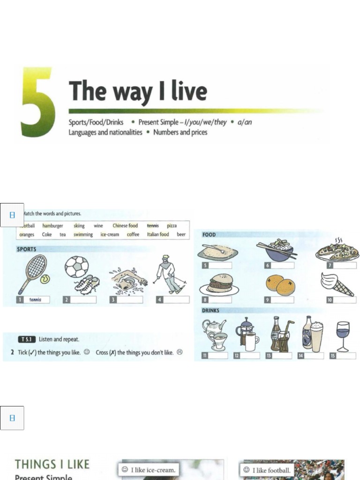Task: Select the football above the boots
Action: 76,266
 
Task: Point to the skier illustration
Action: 169,274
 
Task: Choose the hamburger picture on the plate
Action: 219,284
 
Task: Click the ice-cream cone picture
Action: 337,284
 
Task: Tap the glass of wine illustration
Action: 343,335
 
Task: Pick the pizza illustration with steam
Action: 337,251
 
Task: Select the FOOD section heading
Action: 209,234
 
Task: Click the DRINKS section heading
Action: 210,310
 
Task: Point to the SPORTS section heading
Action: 27,249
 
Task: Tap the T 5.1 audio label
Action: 27,339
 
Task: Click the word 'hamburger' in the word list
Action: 52,225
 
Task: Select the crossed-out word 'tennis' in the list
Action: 153,225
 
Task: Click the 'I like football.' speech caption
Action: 267,470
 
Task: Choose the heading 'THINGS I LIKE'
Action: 52,464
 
